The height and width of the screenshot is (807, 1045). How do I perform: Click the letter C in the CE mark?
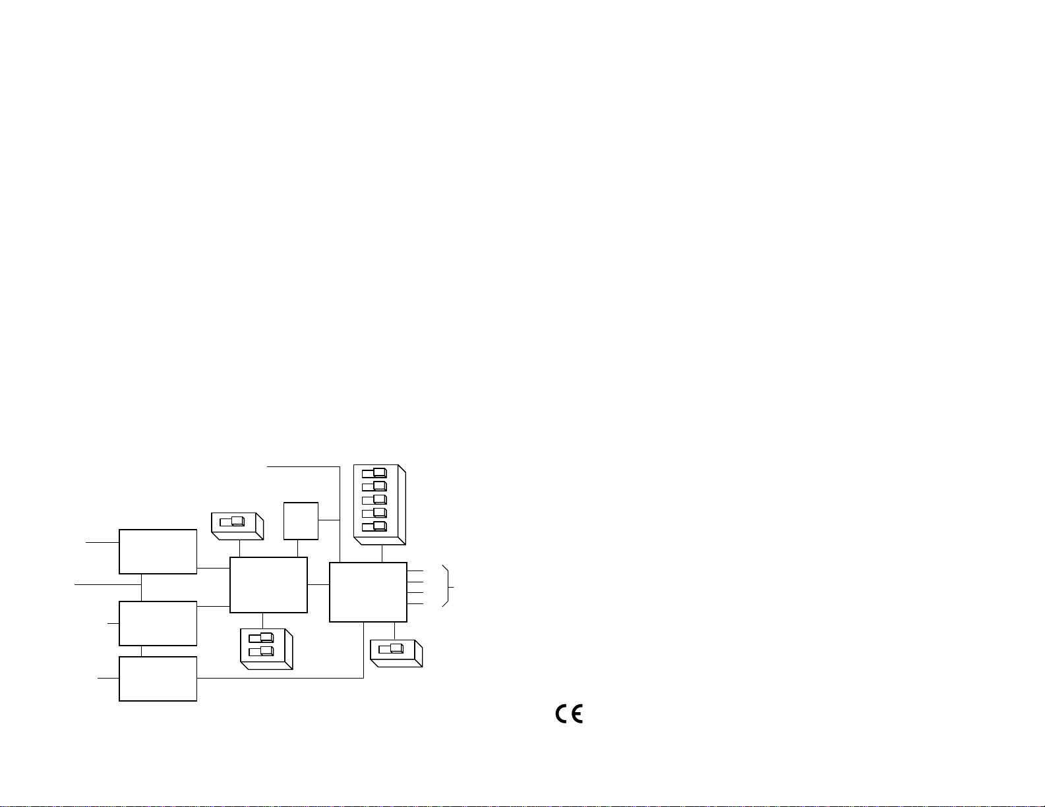pos(561,715)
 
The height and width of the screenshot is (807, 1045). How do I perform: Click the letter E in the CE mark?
pos(576,715)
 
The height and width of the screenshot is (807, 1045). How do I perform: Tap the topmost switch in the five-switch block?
pos(374,472)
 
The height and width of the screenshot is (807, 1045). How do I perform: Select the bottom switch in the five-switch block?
pos(374,526)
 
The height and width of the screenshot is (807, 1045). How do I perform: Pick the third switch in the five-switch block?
pos(374,499)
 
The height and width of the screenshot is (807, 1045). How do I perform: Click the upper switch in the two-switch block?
pos(261,637)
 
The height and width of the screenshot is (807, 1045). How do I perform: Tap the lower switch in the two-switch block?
pos(261,651)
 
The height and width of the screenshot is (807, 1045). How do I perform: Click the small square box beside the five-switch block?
pos(301,520)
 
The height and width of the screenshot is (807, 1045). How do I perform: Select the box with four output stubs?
pos(368,592)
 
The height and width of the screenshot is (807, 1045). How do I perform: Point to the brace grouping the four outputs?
pos(449,585)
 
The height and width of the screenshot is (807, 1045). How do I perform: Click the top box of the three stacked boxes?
pos(158,551)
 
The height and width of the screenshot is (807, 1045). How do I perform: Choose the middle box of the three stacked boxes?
pos(158,623)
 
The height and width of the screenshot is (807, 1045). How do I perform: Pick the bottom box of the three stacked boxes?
pos(158,679)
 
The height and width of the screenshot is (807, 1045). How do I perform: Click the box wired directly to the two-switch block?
pos(268,584)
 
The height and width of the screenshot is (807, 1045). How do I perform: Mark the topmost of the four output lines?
pos(415,570)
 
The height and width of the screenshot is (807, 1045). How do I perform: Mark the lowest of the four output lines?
pos(415,604)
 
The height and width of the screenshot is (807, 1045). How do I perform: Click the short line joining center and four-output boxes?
pos(318,584)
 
